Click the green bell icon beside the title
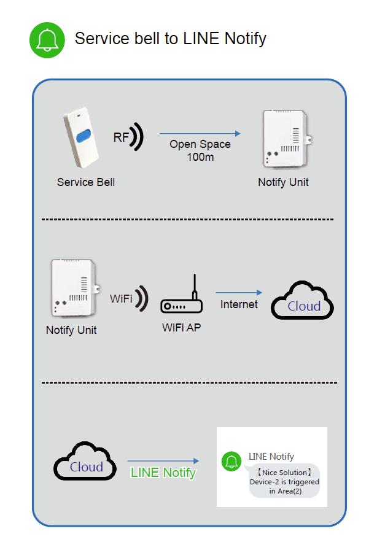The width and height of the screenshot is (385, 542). pyautogui.click(x=47, y=40)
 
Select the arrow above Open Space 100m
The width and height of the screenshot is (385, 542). pyautogui.click(x=200, y=134)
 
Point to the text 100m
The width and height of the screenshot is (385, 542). pyautogui.click(x=200, y=157)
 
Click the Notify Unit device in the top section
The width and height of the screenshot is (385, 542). pyautogui.click(x=284, y=138)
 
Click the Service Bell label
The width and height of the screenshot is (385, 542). pyautogui.click(x=86, y=182)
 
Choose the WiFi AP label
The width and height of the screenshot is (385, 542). pyautogui.click(x=181, y=328)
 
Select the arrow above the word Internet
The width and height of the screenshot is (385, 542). pyautogui.click(x=239, y=293)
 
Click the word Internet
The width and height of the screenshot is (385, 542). pyautogui.click(x=239, y=304)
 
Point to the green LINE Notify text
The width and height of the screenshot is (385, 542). pyautogui.click(x=163, y=473)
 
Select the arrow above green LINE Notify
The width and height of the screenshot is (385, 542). pyautogui.click(x=163, y=461)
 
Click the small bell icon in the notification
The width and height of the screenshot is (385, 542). pyautogui.click(x=231, y=462)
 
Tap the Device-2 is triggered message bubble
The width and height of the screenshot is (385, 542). pyautogui.click(x=284, y=481)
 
